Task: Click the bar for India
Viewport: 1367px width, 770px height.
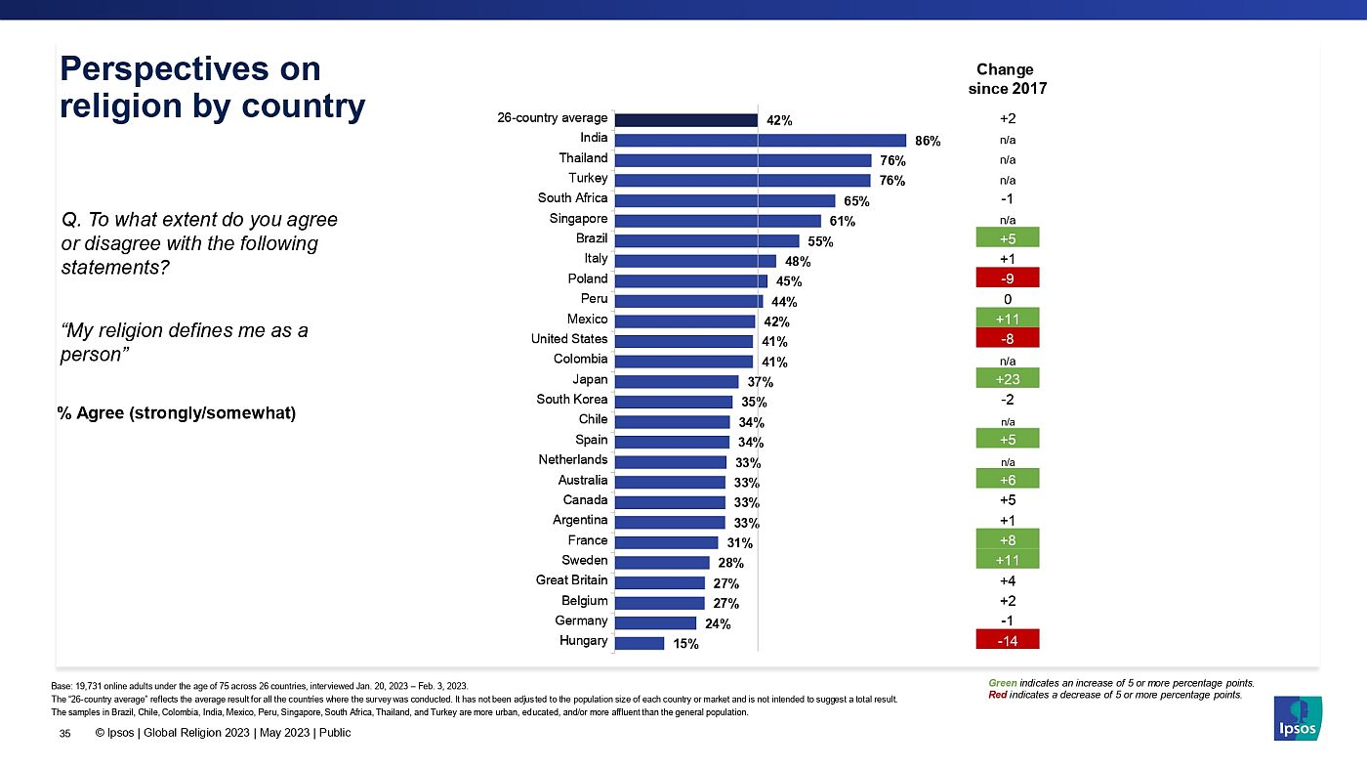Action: coord(761,140)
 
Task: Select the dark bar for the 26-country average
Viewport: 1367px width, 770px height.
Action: coord(686,119)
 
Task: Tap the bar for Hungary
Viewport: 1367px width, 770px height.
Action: coord(640,642)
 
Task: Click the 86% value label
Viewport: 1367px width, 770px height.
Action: coord(928,141)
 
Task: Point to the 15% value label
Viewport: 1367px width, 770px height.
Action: coord(685,643)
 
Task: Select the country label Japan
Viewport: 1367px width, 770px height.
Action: coord(590,379)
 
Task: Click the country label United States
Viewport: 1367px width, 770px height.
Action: coord(569,339)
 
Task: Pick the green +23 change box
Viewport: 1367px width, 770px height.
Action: coord(1008,378)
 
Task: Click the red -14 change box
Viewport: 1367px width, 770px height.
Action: coord(1008,640)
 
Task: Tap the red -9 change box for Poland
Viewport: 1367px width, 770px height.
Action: coord(1008,278)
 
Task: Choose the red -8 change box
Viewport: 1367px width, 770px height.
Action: coord(1008,338)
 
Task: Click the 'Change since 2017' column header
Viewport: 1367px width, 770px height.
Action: coord(1005,79)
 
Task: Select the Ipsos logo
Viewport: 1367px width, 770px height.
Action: coord(1298,718)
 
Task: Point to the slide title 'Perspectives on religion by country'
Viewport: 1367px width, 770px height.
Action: coord(212,87)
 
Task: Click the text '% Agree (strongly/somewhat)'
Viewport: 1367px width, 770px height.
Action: coord(177,413)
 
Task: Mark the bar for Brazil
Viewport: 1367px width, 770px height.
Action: coord(707,240)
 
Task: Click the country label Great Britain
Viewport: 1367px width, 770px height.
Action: coord(571,580)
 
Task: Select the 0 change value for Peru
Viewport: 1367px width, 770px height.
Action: coord(1007,298)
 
